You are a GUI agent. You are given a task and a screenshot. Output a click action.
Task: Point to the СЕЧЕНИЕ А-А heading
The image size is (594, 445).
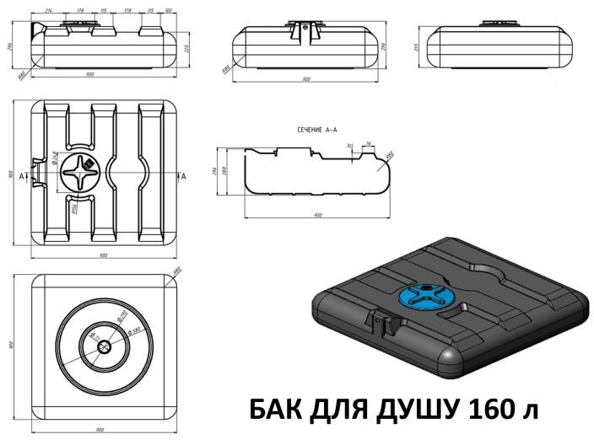317,130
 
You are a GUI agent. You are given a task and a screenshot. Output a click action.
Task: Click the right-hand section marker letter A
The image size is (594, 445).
183,175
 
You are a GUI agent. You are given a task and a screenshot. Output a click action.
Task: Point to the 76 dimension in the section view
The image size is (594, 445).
369,143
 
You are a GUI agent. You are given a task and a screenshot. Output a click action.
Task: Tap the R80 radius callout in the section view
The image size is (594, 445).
390,154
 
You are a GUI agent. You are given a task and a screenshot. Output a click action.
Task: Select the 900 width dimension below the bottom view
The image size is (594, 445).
100,430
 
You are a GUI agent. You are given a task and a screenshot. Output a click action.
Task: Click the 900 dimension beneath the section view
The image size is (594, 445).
317,216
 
